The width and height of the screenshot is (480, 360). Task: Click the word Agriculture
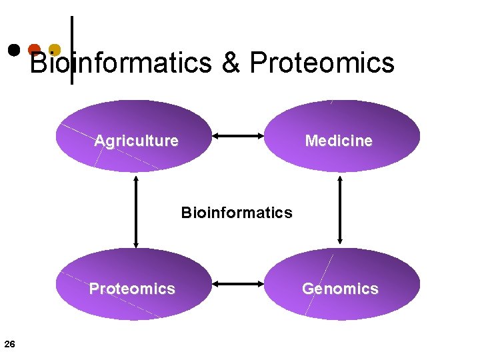click(x=137, y=141)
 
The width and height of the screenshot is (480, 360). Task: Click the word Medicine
click(x=339, y=141)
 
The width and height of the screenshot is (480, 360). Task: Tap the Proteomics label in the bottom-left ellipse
click(x=132, y=289)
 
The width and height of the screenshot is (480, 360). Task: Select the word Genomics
click(x=340, y=289)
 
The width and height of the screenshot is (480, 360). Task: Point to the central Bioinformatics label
click(x=237, y=213)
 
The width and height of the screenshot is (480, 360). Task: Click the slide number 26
click(x=9, y=344)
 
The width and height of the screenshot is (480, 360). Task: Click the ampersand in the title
click(x=230, y=63)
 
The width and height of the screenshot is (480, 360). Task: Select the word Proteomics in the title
click(x=322, y=63)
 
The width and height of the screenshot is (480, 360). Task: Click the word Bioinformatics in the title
click(x=121, y=63)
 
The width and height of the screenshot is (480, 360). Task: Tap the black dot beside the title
click(x=13, y=49)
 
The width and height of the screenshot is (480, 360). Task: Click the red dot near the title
click(x=34, y=49)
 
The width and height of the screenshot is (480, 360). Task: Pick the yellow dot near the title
click(x=55, y=49)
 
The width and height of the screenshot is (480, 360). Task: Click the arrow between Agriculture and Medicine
click(x=238, y=136)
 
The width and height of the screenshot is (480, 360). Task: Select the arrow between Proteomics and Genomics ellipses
click(x=238, y=284)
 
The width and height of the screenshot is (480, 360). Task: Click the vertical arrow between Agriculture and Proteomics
click(x=136, y=211)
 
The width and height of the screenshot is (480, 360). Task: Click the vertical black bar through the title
click(x=72, y=33)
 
